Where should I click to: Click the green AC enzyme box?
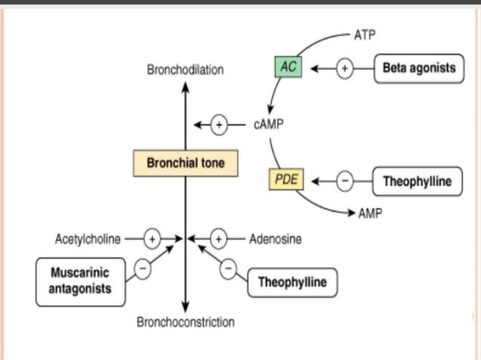point(288,68)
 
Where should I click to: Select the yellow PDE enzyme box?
point(286,181)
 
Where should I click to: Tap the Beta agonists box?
point(418,68)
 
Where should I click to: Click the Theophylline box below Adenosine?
point(293,282)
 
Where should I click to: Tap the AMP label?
point(370,214)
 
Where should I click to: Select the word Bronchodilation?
point(185,70)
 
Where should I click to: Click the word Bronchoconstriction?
point(185,322)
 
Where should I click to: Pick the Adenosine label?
point(275,239)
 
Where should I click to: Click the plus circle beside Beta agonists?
point(344,69)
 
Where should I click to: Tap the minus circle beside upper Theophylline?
point(344,182)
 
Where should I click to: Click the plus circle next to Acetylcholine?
point(152,239)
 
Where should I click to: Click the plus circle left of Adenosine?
point(219,239)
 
